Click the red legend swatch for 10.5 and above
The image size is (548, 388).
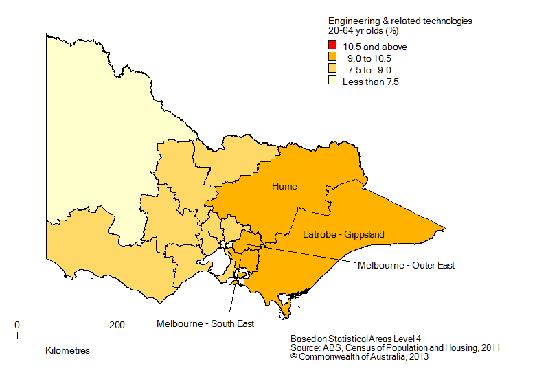coord(332,47)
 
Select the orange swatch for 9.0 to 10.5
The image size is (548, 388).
coord(332,58)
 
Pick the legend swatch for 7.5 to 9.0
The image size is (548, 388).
coord(332,70)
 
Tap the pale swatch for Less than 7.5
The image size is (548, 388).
coord(332,82)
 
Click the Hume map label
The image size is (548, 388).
coord(284,187)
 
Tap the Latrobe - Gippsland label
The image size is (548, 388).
coord(343,235)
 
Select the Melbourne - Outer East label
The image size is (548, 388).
coord(406,265)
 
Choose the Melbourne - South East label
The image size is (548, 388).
coord(205,323)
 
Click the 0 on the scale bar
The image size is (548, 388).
coord(17,325)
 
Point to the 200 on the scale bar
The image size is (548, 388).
coord(117,325)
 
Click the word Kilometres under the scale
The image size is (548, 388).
coord(67,350)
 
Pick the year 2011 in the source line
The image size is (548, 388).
coord(489,348)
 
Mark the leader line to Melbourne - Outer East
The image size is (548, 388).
coord(302,252)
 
